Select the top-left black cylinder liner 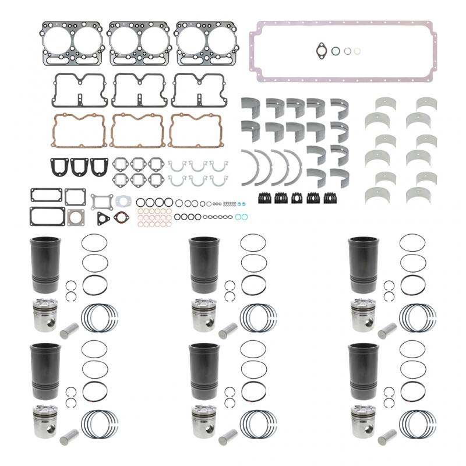[40, 265]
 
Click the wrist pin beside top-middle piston [226, 330]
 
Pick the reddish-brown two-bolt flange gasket [122, 218]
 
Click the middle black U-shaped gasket [78, 168]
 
